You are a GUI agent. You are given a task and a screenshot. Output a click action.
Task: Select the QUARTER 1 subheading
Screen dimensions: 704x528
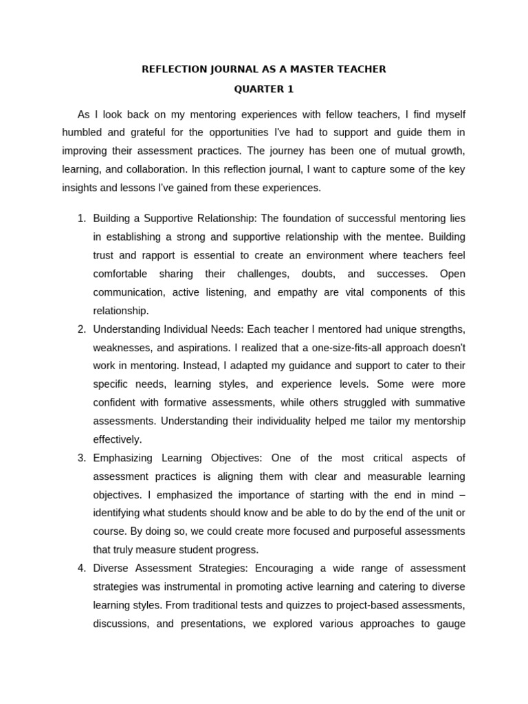click(x=264, y=89)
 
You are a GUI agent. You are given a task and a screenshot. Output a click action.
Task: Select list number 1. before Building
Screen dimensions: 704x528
click(x=81, y=219)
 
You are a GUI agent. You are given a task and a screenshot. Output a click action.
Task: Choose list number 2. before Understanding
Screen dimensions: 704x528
click(x=81, y=329)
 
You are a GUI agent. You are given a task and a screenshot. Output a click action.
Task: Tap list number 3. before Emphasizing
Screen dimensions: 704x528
click(x=81, y=458)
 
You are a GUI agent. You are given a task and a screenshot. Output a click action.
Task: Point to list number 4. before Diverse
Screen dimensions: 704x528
click(x=81, y=568)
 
